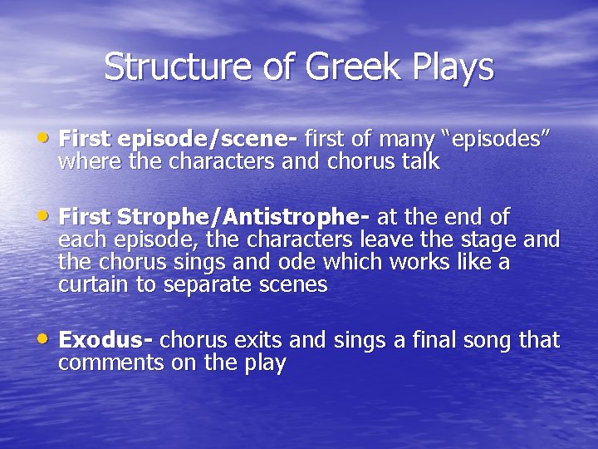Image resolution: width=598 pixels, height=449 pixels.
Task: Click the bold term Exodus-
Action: [105, 340]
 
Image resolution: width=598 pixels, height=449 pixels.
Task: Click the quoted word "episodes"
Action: [496, 138]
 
